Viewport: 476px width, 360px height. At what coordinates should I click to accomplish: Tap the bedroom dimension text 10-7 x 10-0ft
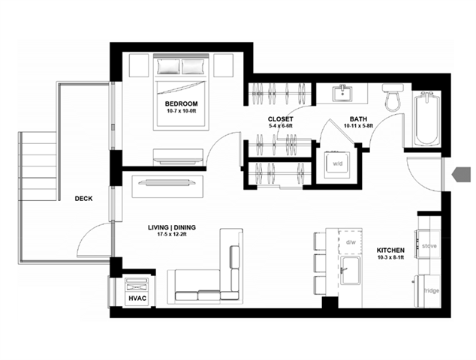tap(182, 112)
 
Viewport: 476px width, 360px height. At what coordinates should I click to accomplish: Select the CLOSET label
tap(281, 119)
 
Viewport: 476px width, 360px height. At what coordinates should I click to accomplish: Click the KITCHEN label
tap(390, 250)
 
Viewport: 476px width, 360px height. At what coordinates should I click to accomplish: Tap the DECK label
tap(84, 199)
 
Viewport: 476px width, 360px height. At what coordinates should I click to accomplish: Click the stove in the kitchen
tap(429, 244)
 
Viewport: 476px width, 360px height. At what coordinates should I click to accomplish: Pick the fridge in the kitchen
tap(430, 289)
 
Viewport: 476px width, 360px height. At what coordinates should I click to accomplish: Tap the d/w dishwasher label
tap(351, 241)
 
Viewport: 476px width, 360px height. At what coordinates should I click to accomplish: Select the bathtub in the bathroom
tap(426, 118)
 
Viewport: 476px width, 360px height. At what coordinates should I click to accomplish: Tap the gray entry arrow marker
tap(458, 175)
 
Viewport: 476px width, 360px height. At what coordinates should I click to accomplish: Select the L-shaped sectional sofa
tap(214, 270)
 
